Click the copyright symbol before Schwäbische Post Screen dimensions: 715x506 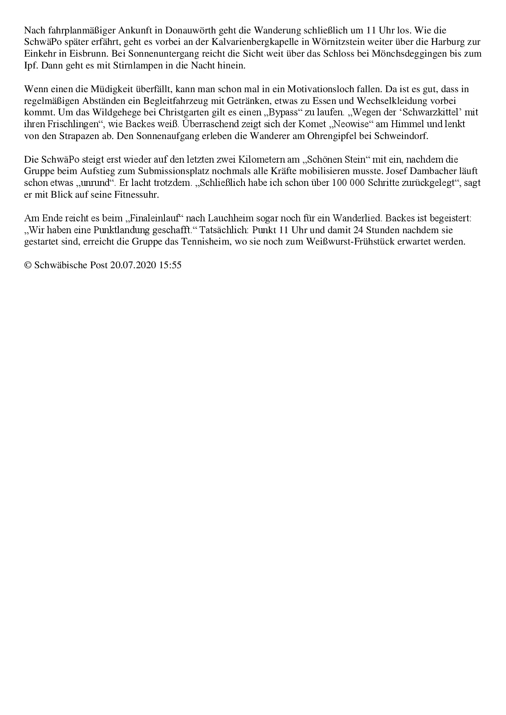pyautogui.click(x=28, y=265)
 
